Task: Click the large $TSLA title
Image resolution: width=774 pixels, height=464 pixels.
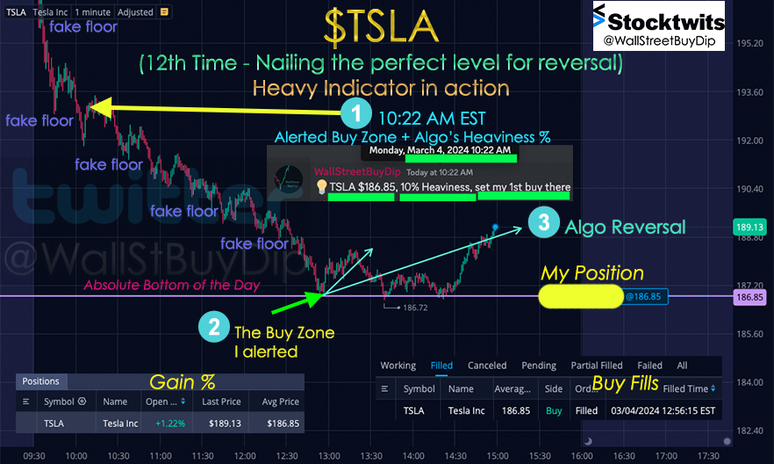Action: (381, 26)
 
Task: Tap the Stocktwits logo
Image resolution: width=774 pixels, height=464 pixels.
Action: (659, 25)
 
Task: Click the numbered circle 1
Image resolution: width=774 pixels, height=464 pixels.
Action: (356, 113)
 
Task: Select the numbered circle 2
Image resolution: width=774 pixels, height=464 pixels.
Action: (214, 327)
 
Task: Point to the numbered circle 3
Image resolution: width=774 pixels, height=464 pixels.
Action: (543, 222)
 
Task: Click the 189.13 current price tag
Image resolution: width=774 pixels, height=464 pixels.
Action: (749, 228)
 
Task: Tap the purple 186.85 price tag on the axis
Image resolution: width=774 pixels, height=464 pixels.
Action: (749, 297)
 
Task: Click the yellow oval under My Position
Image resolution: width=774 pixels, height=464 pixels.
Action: (581, 296)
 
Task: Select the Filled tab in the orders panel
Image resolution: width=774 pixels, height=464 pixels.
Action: (441, 366)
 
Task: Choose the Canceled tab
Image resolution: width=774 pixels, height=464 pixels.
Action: (487, 366)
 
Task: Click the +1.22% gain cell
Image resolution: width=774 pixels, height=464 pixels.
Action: (170, 424)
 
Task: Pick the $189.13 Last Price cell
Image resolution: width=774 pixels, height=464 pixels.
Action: (225, 424)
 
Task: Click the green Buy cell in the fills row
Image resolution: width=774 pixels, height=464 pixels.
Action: (554, 410)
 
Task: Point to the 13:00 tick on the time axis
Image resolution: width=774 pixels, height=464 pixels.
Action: (329, 455)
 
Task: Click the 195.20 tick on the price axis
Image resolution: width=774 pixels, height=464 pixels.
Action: (749, 43)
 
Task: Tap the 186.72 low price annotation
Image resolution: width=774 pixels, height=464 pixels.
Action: (415, 308)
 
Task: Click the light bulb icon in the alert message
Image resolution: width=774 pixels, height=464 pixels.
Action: (321, 187)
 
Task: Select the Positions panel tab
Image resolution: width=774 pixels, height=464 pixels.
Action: (41, 381)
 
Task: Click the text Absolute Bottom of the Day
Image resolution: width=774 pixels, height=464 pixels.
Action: (171, 285)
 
